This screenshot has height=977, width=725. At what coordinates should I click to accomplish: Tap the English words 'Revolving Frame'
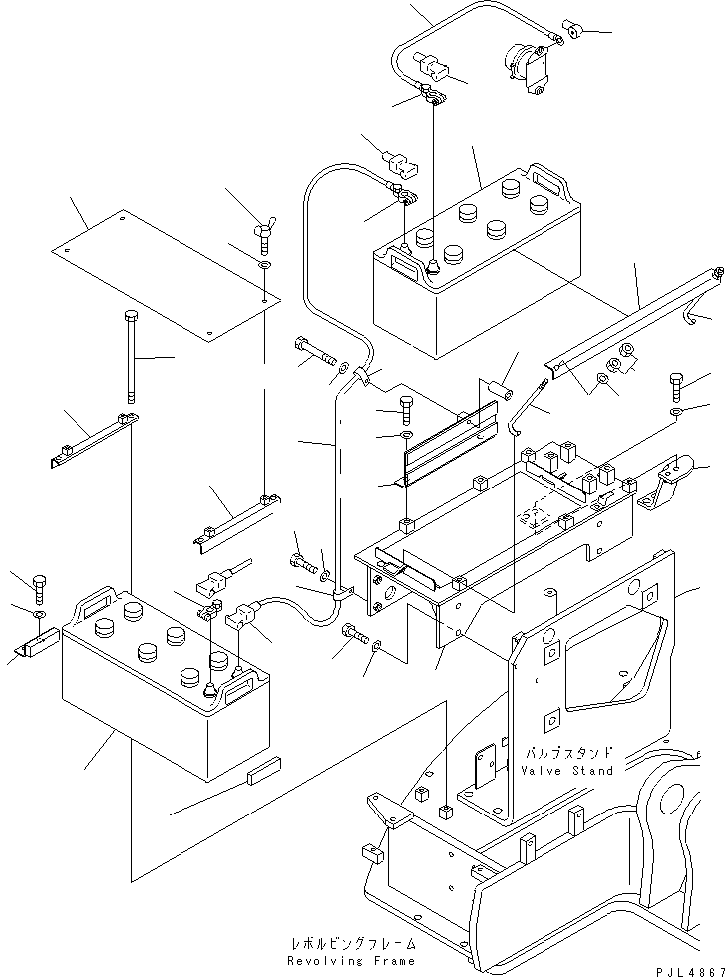pyautogui.click(x=349, y=961)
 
